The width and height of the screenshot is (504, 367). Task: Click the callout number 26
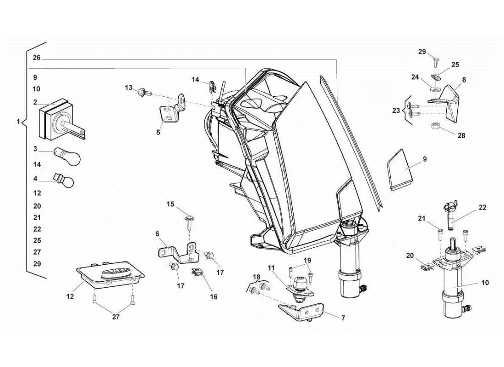click(37, 58)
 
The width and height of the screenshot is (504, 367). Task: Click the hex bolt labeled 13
click(142, 93)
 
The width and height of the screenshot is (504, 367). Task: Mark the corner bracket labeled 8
click(451, 104)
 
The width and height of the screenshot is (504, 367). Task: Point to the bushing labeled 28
click(436, 126)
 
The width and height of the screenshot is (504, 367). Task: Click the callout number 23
click(396, 110)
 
